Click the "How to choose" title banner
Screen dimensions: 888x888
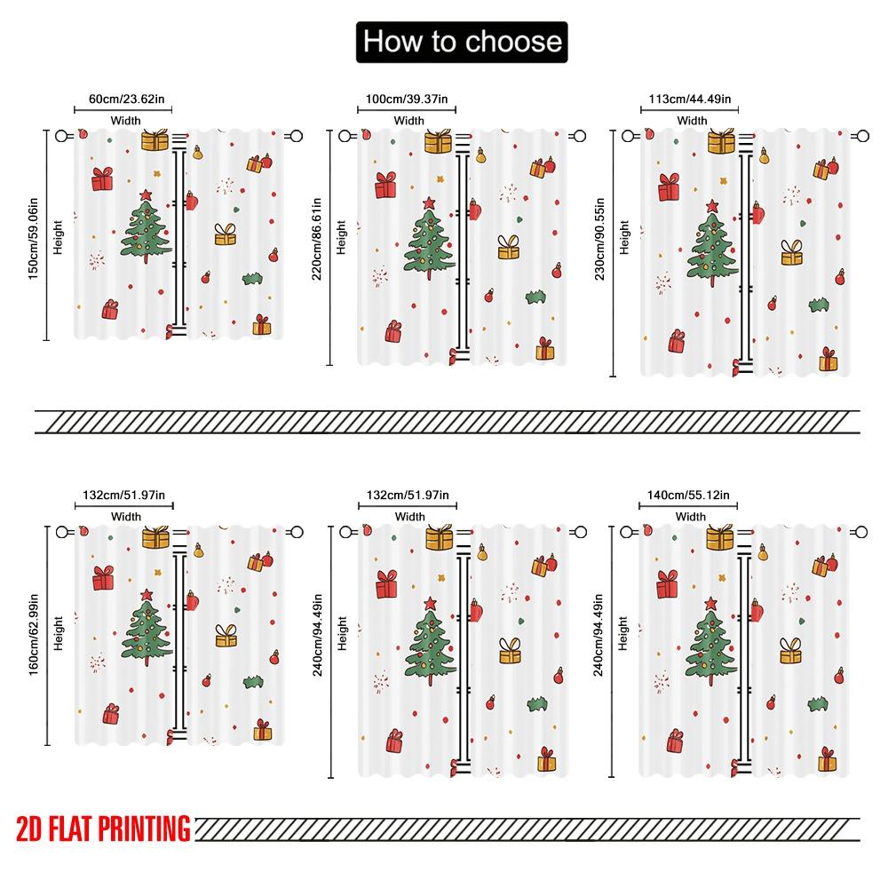point(461,42)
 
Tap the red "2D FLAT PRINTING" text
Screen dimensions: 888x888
point(103,829)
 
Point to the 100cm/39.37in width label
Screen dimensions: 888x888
point(408,99)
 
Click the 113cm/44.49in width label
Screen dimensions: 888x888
point(691,99)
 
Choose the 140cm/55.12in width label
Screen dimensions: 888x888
point(690,496)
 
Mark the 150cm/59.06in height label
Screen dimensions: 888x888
point(34,234)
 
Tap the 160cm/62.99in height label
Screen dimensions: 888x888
point(34,632)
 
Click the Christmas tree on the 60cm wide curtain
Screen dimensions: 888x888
point(147,228)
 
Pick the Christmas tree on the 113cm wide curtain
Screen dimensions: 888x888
point(711,244)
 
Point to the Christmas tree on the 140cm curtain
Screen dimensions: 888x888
point(711,641)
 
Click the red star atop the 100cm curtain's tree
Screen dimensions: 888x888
point(430,203)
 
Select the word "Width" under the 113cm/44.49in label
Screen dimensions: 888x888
point(692,121)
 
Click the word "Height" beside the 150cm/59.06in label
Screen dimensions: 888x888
point(59,238)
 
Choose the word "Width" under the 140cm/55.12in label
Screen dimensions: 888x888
point(690,517)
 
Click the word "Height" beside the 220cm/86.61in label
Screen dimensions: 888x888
point(342,238)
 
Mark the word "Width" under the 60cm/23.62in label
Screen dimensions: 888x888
point(125,121)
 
